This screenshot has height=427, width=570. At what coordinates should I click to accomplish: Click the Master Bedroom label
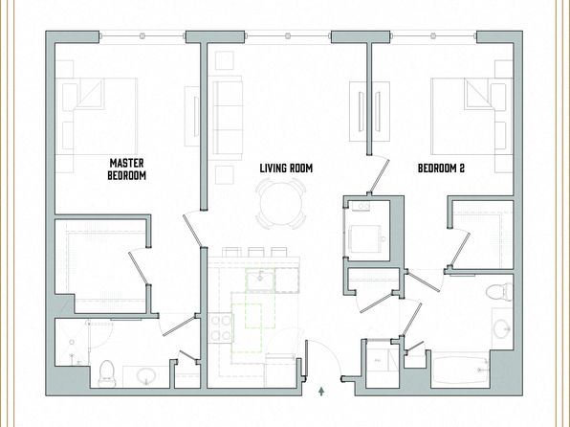pos(127,169)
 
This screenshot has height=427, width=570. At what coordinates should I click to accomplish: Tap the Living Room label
pos(286,169)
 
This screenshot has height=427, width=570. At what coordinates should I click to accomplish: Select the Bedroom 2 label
pos(441,169)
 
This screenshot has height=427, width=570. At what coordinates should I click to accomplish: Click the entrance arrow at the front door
pos(321,392)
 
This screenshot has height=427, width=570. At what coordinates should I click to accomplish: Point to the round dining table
pos(281,204)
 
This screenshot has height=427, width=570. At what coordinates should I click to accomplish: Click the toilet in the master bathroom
pos(107,373)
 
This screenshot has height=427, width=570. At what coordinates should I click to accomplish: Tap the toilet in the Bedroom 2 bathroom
pos(498,292)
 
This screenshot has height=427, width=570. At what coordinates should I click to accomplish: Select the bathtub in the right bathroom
pos(461,371)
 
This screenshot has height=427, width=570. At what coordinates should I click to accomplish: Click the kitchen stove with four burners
pos(221,328)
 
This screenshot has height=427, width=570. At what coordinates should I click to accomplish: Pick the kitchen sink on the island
pos(260,280)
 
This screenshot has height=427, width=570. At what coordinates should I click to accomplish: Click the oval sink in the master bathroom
pos(146,375)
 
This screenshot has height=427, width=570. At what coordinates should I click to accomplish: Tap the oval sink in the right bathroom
pos(502,328)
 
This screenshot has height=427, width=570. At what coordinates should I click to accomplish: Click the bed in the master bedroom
pos(97,116)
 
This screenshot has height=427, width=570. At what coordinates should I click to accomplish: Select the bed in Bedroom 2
pos(471,116)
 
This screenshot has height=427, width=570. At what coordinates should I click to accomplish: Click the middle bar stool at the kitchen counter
pos(256,252)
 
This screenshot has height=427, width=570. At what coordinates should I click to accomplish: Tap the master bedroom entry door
pos(192,230)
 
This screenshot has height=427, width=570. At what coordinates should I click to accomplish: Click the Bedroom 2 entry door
pos(379,175)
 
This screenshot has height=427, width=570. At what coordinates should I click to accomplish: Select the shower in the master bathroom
pos(72,342)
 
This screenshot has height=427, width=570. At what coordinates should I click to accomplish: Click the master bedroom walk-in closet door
pos(139,267)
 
